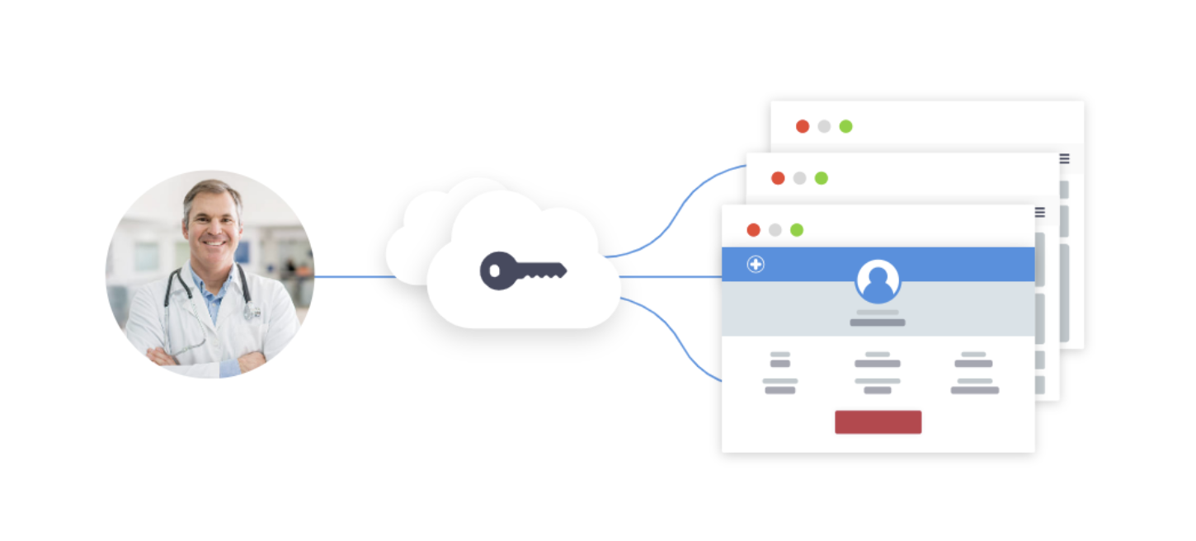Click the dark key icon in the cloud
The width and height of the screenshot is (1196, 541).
pos(523,270)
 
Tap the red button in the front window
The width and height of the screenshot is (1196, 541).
pos(878,421)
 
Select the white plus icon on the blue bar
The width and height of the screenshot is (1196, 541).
pos(756,264)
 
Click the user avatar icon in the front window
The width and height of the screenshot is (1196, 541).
pos(878,281)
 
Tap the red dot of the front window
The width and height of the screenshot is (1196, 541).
pos(753,230)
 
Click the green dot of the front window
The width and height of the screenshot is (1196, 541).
pos(797,230)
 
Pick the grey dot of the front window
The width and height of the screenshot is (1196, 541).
pos(775,230)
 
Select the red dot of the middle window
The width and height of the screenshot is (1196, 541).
pos(778,178)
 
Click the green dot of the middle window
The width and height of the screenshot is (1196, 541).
pos(822,178)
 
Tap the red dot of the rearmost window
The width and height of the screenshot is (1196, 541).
pos(803,126)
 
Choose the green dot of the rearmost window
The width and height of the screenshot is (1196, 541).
pos(846,126)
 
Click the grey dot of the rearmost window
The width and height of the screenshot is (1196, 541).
pos(824,126)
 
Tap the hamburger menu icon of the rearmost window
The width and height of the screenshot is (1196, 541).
pos(1065,158)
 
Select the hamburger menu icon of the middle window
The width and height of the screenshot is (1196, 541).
pos(1040,212)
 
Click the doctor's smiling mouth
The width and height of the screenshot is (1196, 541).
pos(214,244)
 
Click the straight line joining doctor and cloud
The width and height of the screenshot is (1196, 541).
pos(355,276)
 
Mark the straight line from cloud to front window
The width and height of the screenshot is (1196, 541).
pos(670,276)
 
